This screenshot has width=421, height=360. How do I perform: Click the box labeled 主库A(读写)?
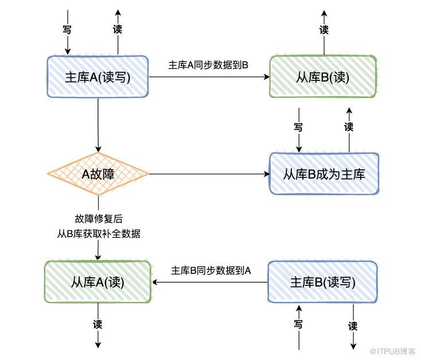(x=98, y=77)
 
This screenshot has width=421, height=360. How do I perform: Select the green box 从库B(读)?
(x=323, y=77)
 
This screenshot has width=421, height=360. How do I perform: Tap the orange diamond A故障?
(x=98, y=174)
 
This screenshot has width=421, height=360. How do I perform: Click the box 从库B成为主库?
(x=324, y=173)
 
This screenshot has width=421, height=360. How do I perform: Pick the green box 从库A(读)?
(x=98, y=282)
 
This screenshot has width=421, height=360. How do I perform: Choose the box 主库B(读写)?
(x=323, y=282)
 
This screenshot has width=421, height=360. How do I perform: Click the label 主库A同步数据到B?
(x=208, y=65)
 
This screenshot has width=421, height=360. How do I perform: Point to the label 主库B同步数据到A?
(x=211, y=270)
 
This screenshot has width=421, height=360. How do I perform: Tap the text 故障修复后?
(x=99, y=219)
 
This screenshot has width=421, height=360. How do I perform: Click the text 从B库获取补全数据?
(x=99, y=233)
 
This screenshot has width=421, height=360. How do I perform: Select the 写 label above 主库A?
(x=67, y=29)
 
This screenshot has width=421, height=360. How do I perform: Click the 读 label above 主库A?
(x=118, y=29)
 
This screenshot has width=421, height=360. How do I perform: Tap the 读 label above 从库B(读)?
(x=324, y=30)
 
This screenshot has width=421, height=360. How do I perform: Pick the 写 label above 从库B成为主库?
(x=298, y=127)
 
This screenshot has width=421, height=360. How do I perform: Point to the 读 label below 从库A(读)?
(x=98, y=324)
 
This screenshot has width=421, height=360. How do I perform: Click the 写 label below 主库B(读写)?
(x=298, y=324)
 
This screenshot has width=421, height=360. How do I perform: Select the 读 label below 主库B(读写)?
(x=353, y=326)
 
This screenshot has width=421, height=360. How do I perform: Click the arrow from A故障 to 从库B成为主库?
(x=209, y=174)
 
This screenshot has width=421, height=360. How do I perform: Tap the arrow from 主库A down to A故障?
(x=98, y=125)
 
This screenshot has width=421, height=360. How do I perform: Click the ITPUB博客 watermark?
(x=392, y=351)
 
